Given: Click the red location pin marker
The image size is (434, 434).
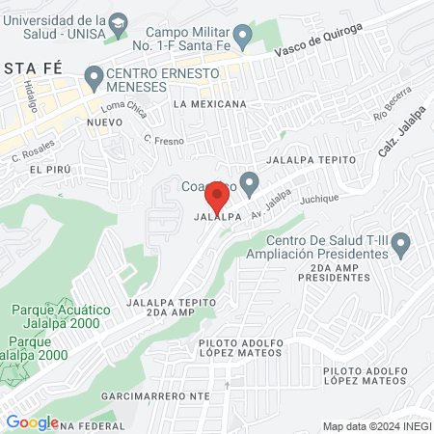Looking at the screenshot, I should [x=217, y=199].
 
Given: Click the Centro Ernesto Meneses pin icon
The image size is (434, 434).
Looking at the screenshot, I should [x=94, y=75].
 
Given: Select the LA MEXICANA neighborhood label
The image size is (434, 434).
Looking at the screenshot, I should [x=209, y=102].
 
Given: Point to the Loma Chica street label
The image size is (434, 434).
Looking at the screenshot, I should [x=122, y=109].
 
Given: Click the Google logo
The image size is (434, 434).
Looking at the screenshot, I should [x=32, y=421].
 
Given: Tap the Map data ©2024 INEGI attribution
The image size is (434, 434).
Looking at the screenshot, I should [x=375, y=426].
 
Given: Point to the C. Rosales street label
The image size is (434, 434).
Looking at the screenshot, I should [x=33, y=148].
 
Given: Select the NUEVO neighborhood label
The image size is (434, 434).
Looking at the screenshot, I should [x=104, y=122].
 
